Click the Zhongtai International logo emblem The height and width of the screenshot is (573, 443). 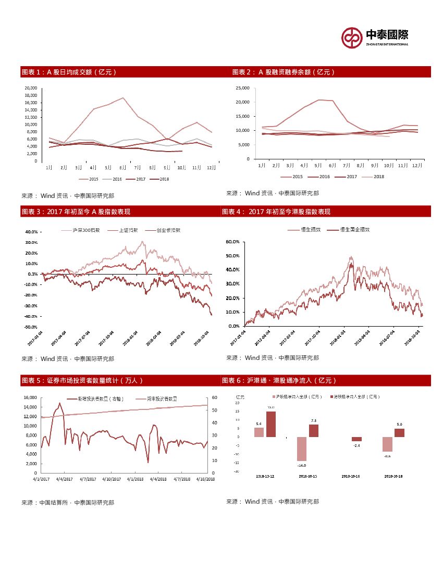click(x=352, y=37)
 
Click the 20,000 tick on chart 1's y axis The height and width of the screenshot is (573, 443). click(x=31, y=88)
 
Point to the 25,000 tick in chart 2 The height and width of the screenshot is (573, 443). click(x=243, y=88)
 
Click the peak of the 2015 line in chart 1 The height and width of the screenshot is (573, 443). click(x=123, y=98)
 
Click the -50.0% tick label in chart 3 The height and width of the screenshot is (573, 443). click(x=31, y=327)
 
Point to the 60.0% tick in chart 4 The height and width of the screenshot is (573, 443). click(x=232, y=242)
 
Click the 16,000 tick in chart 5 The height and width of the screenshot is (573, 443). click(x=30, y=397)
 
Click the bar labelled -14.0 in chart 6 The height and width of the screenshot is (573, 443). click(x=302, y=449)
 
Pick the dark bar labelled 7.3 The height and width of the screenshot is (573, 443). click(x=313, y=430)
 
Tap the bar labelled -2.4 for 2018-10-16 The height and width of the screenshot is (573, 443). click(x=356, y=439)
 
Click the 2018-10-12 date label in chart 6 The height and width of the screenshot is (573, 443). click(x=266, y=476)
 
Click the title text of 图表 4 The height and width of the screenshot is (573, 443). click(x=276, y=211)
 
